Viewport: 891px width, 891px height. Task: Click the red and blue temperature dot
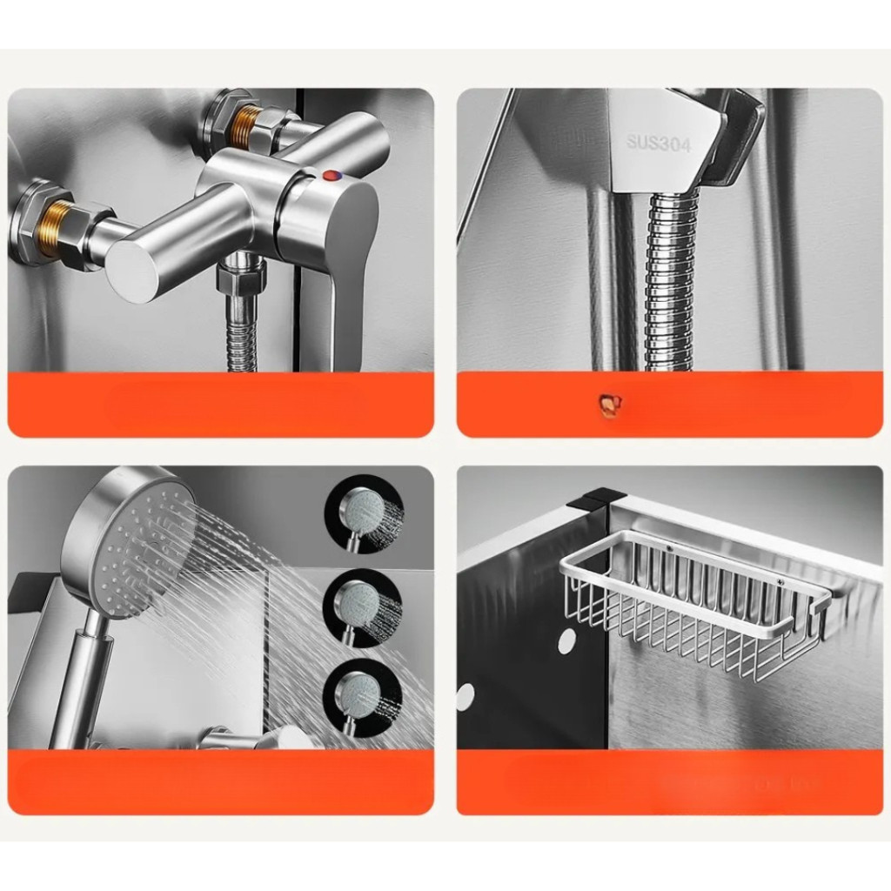point(330,175)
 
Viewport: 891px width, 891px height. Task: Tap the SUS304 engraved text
point(659,144)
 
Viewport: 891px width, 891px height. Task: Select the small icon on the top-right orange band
point(610,403)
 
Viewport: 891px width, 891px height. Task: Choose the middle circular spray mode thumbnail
point(363,608)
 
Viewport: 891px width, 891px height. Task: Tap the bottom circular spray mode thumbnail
point(363,702)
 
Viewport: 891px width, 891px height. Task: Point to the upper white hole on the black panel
point(566,643)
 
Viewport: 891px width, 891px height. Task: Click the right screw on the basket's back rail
point(780,582)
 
